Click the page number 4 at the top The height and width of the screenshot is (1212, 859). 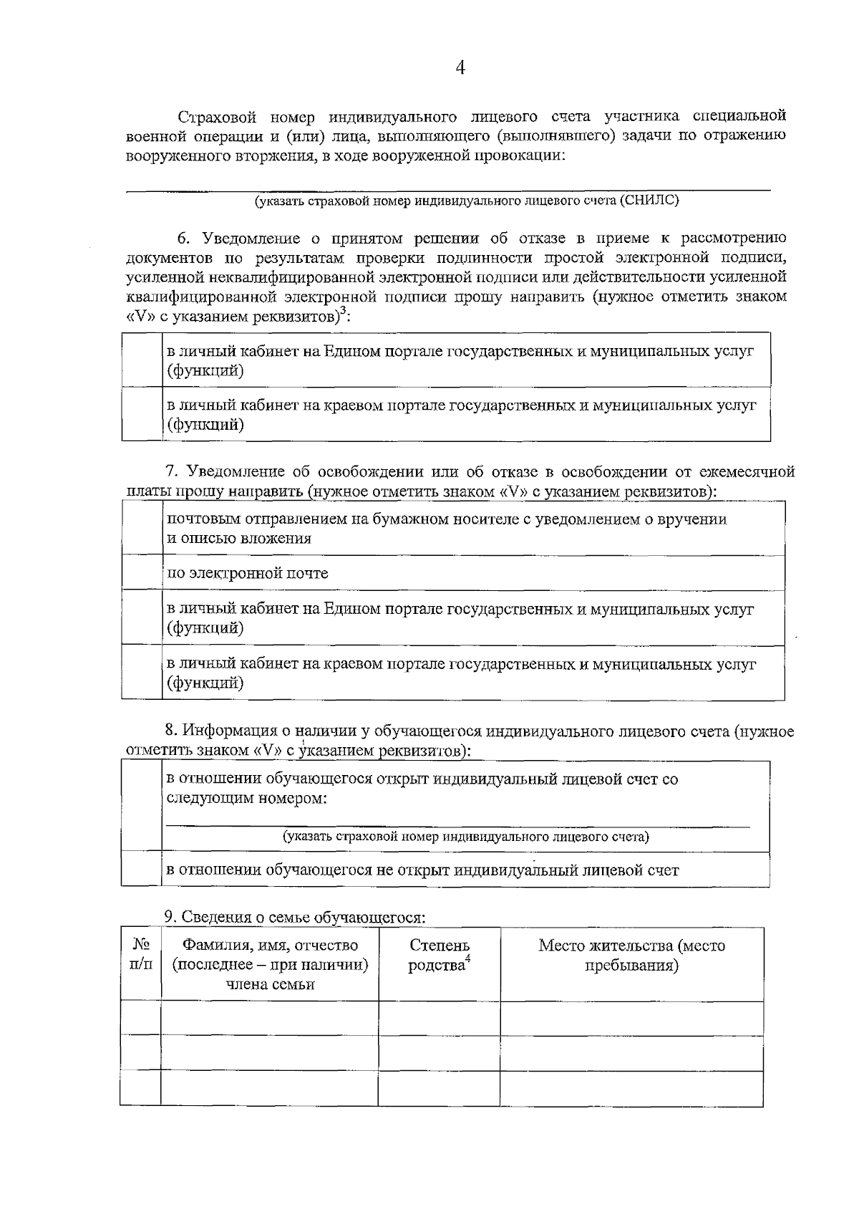461,68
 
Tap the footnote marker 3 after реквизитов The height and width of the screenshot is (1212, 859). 342,310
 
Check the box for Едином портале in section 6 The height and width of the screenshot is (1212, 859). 142,360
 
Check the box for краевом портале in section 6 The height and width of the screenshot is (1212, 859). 142,414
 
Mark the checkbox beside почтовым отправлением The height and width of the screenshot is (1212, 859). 142,528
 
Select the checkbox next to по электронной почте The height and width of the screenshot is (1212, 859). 142,572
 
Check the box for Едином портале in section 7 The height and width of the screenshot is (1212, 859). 142,617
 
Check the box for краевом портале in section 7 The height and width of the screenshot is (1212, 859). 142,672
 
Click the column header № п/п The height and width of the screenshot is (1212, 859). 141,955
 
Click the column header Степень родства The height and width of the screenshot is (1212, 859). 439,956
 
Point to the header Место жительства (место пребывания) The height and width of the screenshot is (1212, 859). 631,956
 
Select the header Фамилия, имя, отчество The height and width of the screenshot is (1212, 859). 270,946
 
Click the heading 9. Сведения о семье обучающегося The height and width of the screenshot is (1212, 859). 294,917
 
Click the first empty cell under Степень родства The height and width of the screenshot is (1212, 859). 439,1018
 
